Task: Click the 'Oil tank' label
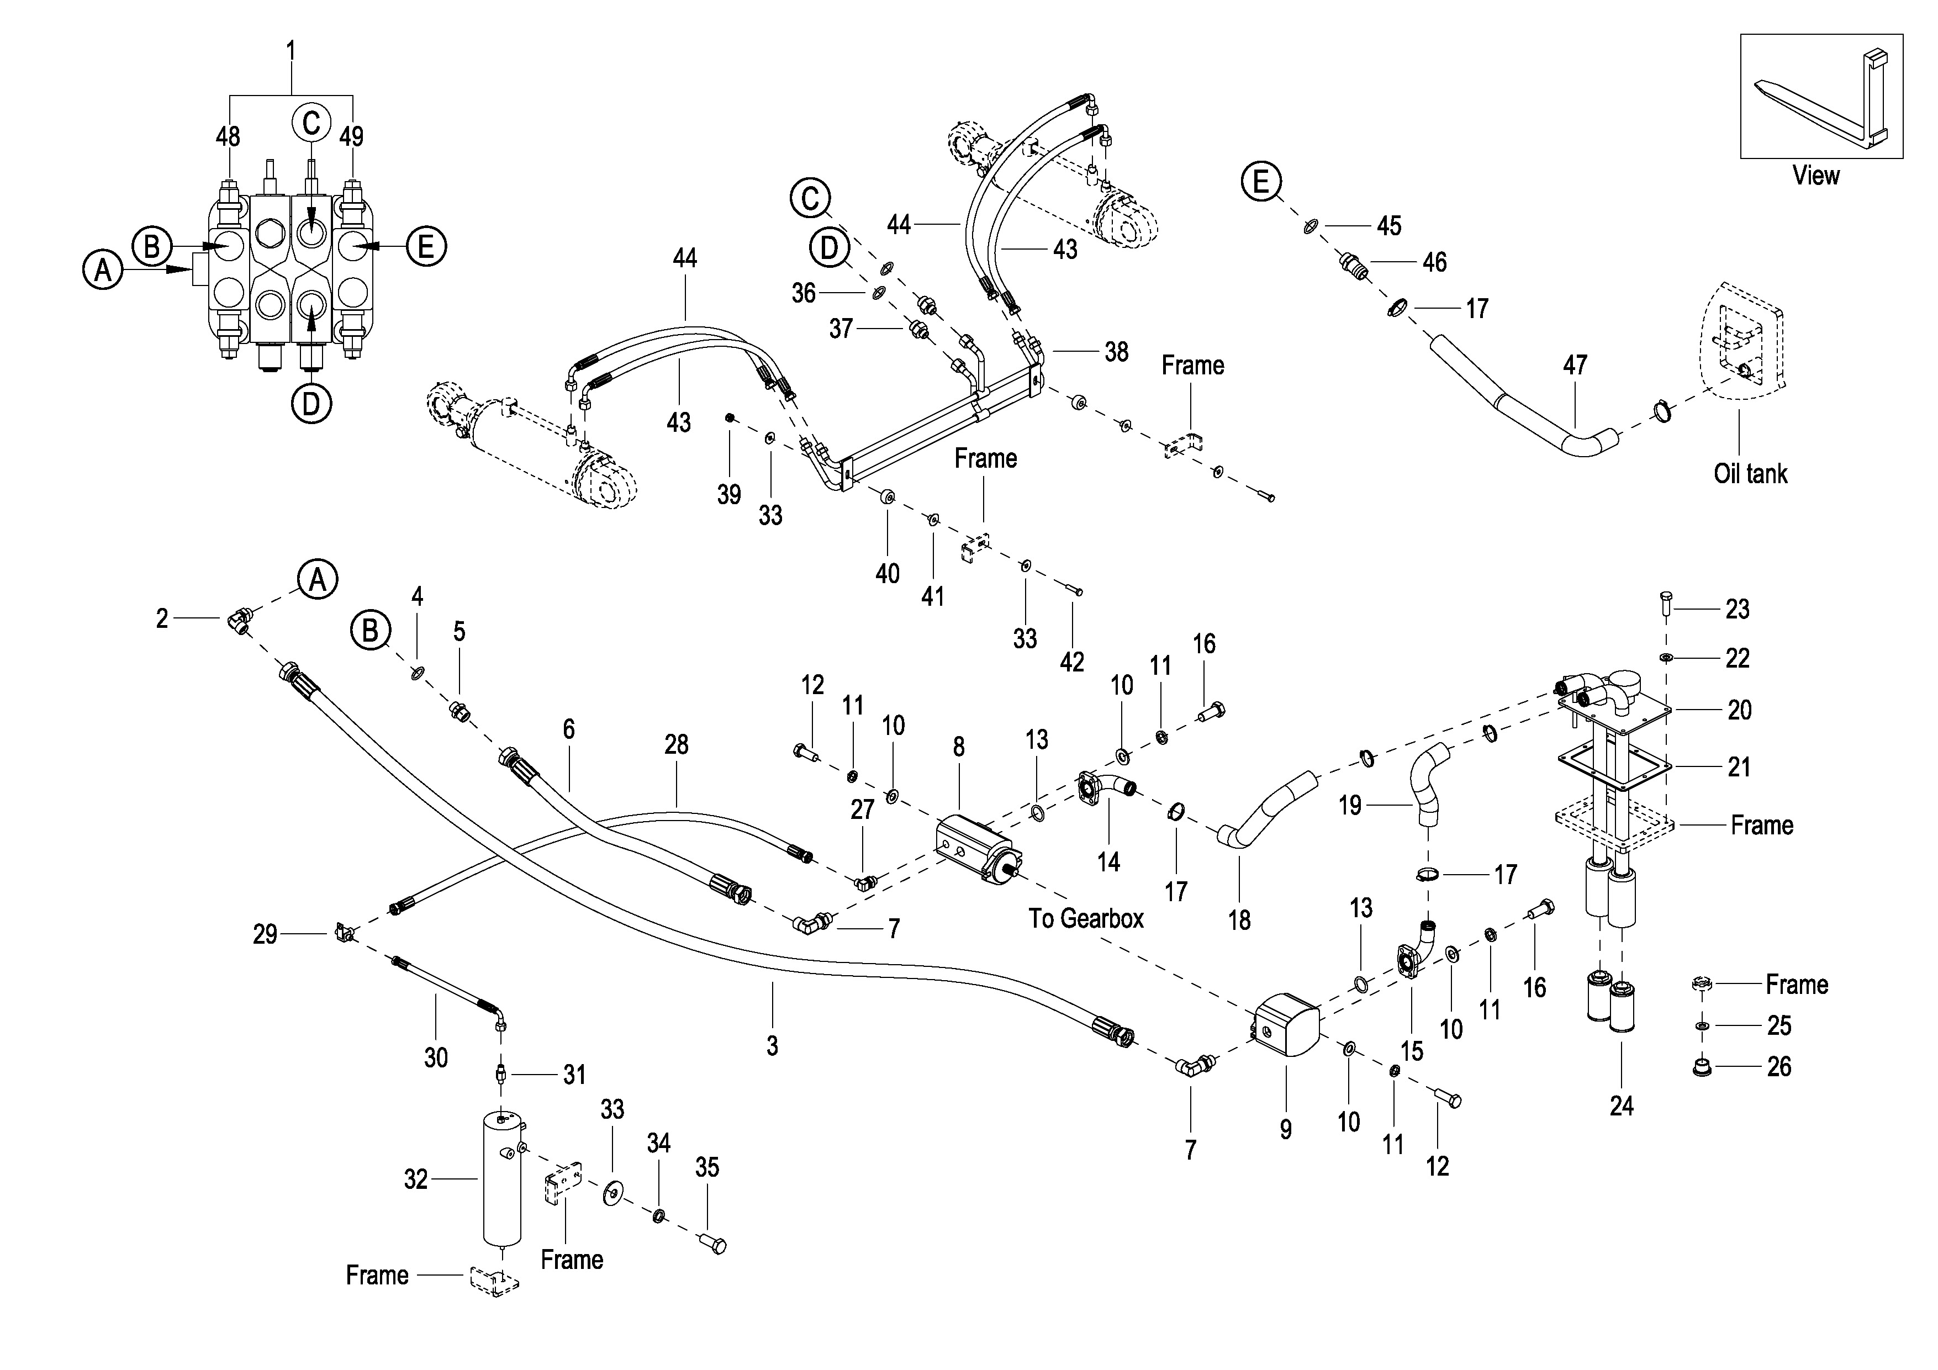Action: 1750,474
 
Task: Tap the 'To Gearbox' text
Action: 1085,918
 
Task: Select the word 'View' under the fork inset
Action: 1815,176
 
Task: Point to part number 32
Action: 415,1179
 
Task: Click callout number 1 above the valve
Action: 291,51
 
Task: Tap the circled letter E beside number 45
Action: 1261,182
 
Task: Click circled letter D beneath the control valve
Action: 311,404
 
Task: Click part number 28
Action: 676,744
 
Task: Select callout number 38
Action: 1116,352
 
